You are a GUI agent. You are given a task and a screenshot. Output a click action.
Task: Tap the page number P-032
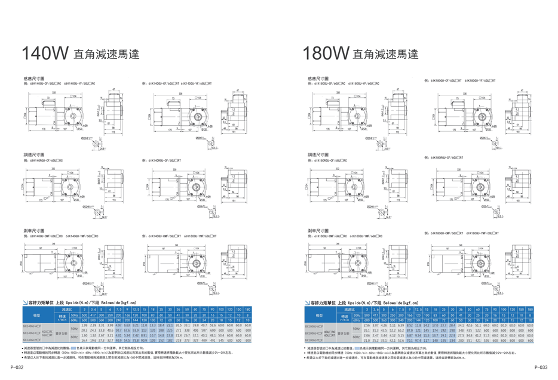tap(14, 368)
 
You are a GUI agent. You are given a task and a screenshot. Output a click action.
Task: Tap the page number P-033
tap(542, 368)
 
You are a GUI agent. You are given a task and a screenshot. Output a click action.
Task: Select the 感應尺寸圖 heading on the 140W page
tap(33, 78)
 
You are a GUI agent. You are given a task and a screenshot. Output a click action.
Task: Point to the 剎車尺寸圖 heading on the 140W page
tap(33, 230)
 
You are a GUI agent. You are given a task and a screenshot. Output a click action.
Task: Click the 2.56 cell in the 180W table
tap(367, 326)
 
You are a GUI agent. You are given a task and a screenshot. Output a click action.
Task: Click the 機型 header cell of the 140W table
tap(38, 314)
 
